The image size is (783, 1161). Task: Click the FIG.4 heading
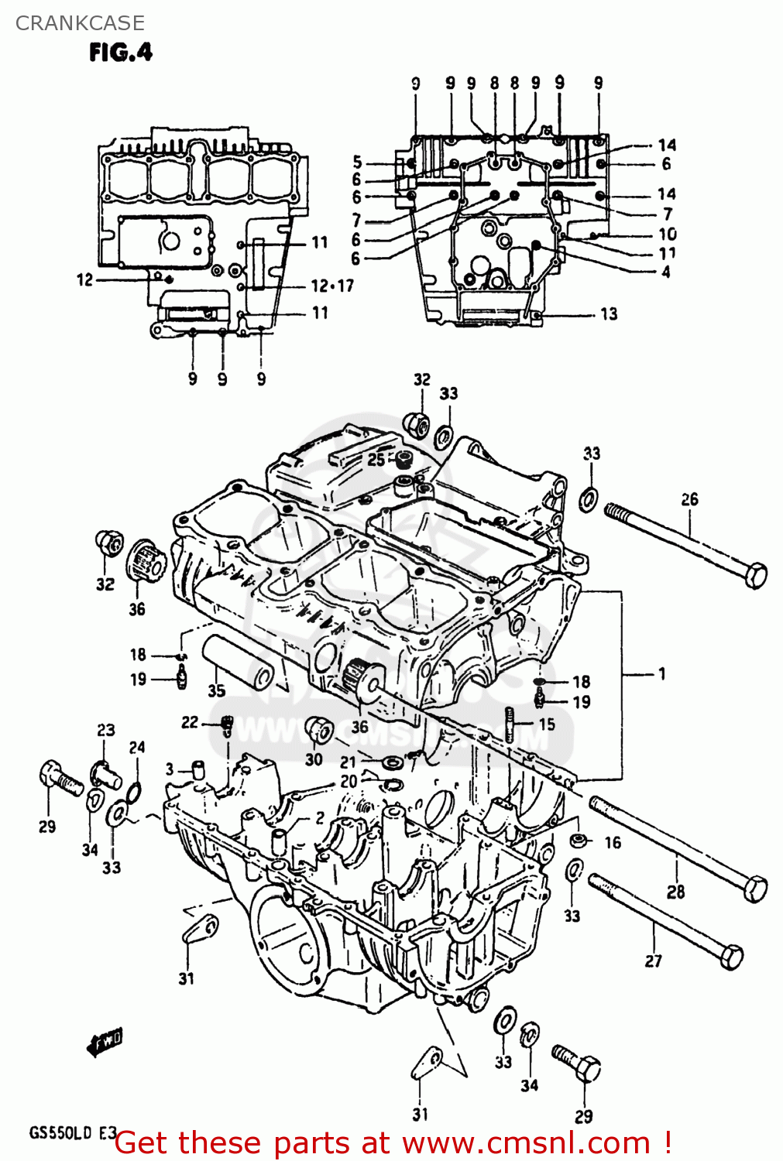coord(121,52)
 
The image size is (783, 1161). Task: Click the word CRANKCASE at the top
coord(80,23)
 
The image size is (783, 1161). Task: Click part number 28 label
coord(676,892)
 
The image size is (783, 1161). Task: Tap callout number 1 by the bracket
coord(661,673)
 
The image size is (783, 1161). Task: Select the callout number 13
coord(609,313)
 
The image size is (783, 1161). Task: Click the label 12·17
coord(332,286)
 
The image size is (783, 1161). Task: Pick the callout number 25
coord(376,459)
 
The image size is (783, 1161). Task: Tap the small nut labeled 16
coord(578,840)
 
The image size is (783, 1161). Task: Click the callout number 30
coord(314,759)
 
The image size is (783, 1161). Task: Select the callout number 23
coord(106,729)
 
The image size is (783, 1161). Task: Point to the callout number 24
coord(137,747)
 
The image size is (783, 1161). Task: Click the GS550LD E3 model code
coord(72,1133)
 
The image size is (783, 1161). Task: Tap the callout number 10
coord(667,234)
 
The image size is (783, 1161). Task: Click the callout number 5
coord(357,162)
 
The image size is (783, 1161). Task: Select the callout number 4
coord(666,272)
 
